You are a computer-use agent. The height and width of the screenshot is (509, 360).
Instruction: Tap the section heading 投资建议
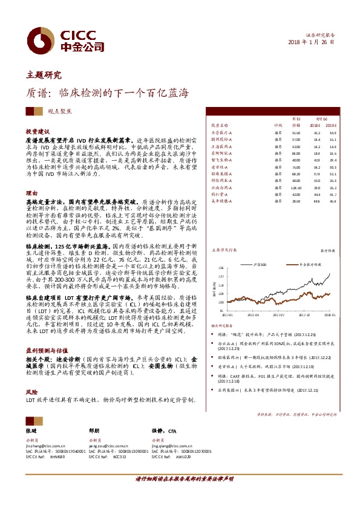[x=38, y=131]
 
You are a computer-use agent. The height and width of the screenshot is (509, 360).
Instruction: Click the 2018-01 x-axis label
[x=329, y=314]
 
